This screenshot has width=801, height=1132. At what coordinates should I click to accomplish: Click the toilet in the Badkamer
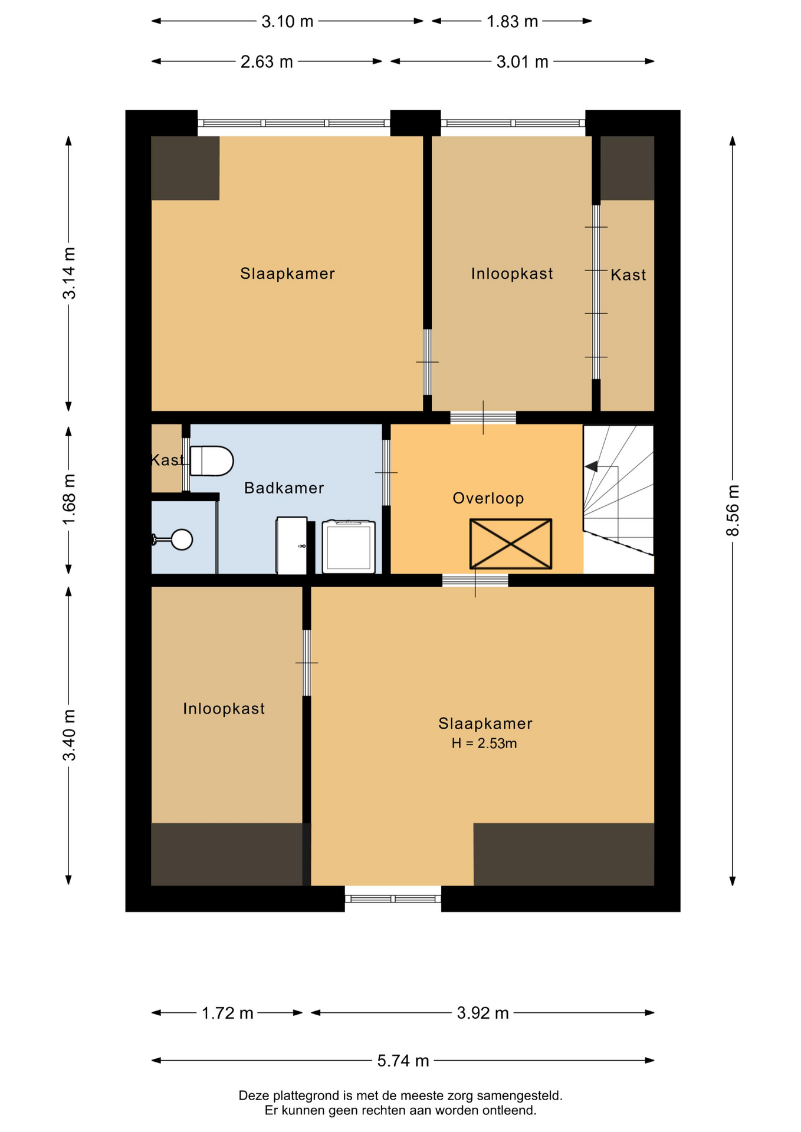[x=212, y=461]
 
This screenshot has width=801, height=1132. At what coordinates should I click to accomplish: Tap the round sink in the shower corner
[x=182, y=539]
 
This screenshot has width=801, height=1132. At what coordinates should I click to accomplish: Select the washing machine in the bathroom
[x=349, y=547]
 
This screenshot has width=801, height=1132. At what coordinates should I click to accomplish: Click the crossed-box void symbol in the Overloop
[x=511, y=544]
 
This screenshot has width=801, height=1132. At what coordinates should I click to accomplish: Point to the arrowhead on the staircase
[x=591, y=467]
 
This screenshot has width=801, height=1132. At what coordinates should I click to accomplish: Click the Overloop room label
[x=488, y=498]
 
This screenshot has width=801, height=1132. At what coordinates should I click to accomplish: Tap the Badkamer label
[x=284, y=488]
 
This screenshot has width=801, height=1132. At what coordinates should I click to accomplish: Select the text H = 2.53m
[x=484, y=743]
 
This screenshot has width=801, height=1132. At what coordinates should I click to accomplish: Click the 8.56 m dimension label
[x=732, y=511]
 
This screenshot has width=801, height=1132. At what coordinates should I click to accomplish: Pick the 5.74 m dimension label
[x=403, y=1061]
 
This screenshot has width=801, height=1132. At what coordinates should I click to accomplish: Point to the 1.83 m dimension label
[x=512, y=21]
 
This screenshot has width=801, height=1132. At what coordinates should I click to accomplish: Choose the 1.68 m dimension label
[x=69, y=499]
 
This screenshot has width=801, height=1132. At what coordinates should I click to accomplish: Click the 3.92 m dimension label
[x=482, y=1013]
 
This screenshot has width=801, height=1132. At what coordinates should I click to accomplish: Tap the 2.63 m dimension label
[x=267, y=61]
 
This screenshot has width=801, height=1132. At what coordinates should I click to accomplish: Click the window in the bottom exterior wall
[x=393, y=899]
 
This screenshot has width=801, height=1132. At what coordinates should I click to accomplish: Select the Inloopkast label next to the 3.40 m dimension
[x=224, y=708]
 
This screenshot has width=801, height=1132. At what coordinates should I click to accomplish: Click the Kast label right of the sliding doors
[x=628, y=275]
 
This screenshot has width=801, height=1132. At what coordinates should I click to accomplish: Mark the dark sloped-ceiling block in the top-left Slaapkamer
[x=185, y=168]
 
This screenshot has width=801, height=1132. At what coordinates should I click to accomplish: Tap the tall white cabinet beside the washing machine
[x=292, y=545]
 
